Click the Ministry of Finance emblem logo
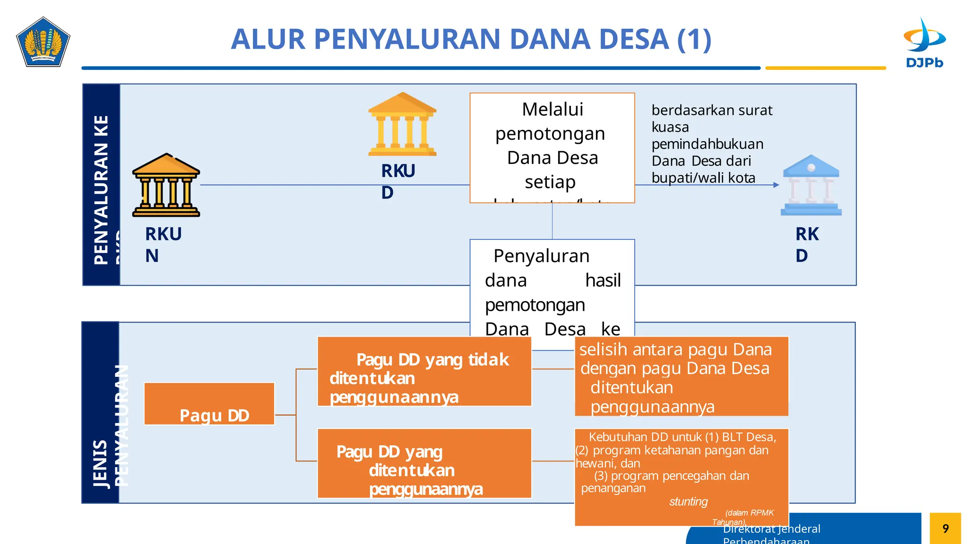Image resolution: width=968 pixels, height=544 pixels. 43,42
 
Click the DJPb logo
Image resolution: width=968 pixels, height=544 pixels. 924,42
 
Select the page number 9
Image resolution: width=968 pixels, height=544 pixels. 945,528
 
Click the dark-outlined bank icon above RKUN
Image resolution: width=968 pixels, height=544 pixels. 166,185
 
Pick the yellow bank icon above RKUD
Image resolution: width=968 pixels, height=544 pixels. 402,125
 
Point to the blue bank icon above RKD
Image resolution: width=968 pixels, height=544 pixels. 811,185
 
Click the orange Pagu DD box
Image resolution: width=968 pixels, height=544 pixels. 209,404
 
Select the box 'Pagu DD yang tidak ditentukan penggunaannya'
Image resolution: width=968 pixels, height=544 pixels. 424,372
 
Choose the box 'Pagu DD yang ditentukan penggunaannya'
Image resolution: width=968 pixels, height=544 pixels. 424,464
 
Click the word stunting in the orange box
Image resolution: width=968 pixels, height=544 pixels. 688,501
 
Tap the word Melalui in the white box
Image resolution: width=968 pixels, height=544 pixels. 552,110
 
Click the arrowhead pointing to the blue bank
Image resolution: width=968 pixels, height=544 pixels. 776,185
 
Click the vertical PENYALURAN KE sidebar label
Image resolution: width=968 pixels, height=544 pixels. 101,189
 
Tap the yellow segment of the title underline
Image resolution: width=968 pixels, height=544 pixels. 825,68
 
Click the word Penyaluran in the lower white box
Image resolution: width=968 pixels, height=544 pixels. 541,256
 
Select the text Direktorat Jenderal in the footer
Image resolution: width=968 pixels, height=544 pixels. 771,529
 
